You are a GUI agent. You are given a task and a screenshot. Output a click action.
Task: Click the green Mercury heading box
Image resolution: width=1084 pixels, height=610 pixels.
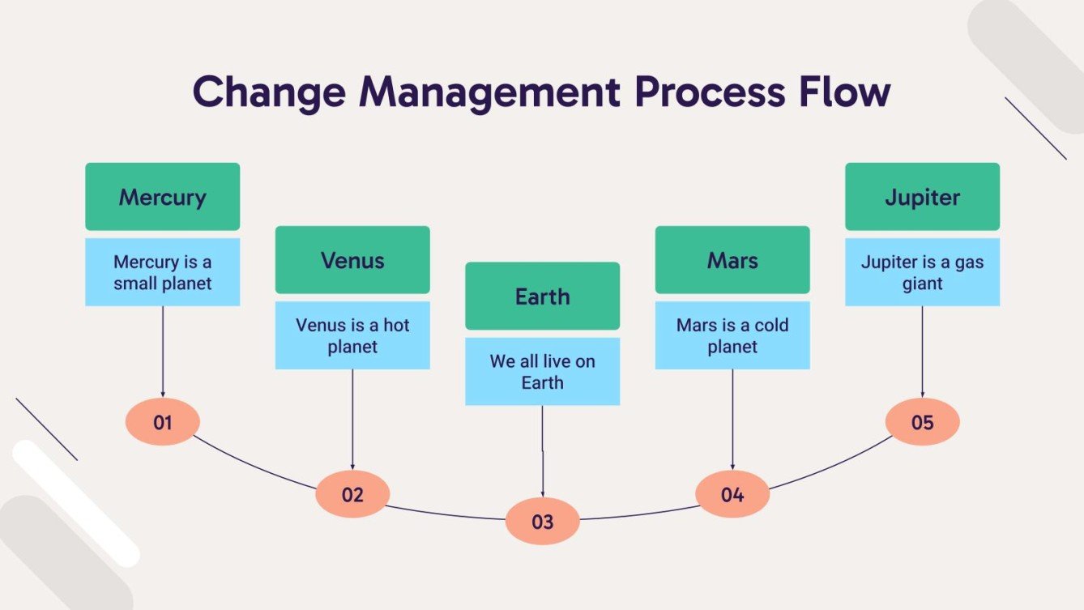pyautogui.click(x=162, y=197)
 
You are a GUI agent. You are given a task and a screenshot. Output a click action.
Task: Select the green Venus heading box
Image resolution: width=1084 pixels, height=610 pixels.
pyautogui.click(x=352, y=260)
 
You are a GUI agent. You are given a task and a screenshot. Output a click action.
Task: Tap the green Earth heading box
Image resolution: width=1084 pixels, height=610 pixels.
pyautogui.click(x=542, y=296)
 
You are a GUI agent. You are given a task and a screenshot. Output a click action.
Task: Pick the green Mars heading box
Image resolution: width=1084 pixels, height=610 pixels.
pyautogui.click(x=732, y=260)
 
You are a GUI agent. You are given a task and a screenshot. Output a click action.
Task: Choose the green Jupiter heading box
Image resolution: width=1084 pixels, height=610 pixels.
pyautogui.click(x=922, y=197)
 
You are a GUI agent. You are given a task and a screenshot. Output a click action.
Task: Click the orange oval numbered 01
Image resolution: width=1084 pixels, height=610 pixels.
pyautogui.click(x=163, y=422)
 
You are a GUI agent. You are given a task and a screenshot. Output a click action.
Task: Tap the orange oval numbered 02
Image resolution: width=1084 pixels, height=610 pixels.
pyautogui.click(x=352, y=494)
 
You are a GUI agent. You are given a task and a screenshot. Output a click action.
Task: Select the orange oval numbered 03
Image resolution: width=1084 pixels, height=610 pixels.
pyautogui.click(x=542, y=522)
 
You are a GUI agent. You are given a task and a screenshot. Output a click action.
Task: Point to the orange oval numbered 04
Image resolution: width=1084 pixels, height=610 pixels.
pyautogui.click(x=732, y=494)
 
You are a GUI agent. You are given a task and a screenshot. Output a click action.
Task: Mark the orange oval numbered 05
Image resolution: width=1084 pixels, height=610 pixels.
pyautogui.click(x=922, y=422)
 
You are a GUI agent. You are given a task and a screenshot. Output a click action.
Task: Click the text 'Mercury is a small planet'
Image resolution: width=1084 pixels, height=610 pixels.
pyautogui.click(x=162, y=273)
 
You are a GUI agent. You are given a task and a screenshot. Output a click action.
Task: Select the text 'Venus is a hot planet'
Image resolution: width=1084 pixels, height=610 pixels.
pyautogui.click(x=352, y=336)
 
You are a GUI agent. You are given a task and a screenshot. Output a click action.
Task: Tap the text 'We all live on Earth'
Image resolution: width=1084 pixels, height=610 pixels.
pyautogui.click(x=542, y=372)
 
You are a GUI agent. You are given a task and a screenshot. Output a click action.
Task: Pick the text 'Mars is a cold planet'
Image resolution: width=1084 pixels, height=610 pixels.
pyautogui.click(x=732, y=336)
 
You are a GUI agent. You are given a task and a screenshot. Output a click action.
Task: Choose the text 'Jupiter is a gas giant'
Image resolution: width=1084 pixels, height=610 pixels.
pyautogui.click(x=922, y=273)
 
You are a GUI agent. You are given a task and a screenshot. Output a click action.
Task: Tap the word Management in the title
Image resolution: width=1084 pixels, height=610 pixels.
pyautogui.click(x=489, y=92)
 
